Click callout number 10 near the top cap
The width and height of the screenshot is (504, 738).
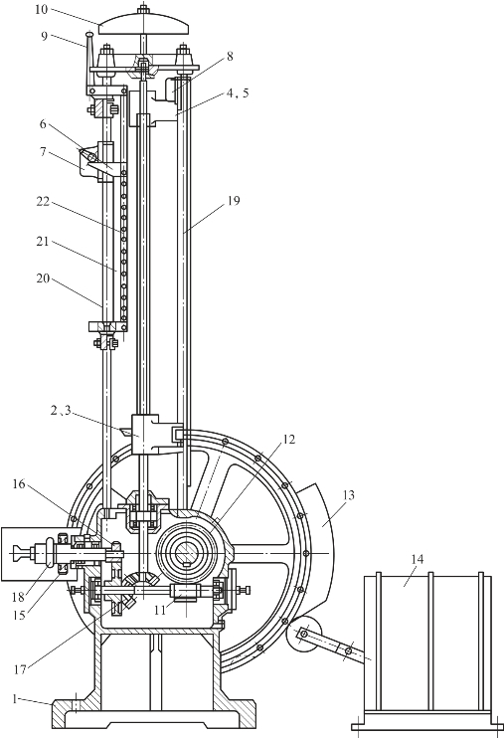(x=42, y=9)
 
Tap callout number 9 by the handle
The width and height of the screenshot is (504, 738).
(x=44, y=36)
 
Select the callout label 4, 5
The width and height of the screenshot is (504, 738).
(x=238, y=93)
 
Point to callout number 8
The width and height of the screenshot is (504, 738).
(x=230, y=56)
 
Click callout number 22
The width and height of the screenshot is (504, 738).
(x=43, y=202)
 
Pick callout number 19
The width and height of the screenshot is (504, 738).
(x=234, y=201)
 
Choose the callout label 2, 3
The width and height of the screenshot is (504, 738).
(x=61, y=411)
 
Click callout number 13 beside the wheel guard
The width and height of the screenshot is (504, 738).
(x=349, y=495)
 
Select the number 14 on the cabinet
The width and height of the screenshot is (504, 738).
(x=417, y=559)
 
